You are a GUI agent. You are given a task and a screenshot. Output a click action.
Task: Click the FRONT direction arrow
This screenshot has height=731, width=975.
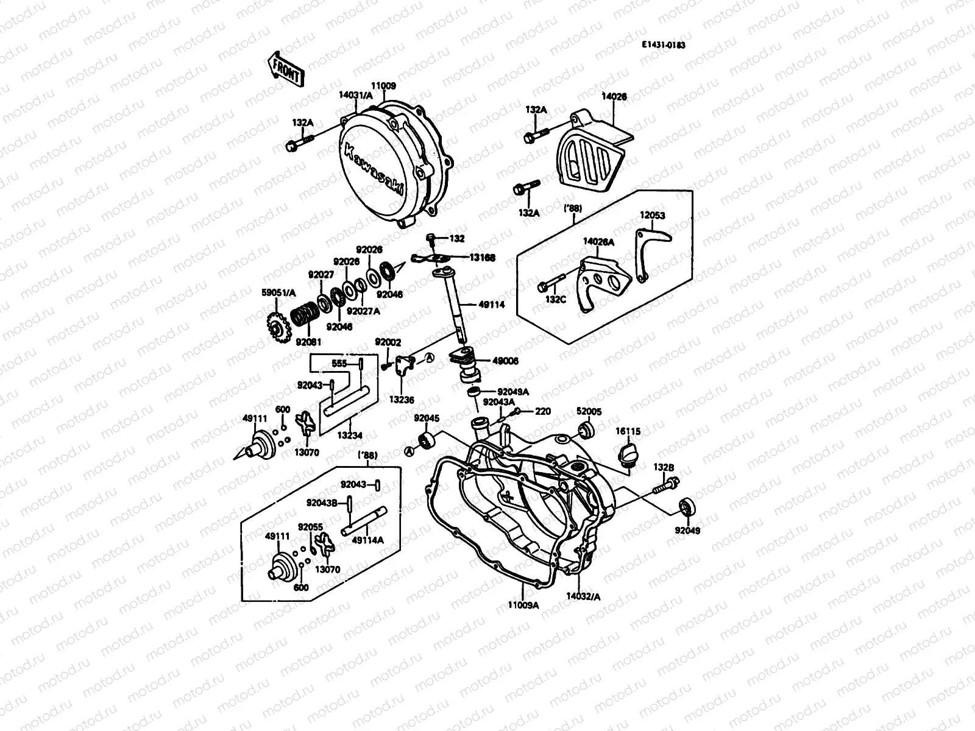coord(284,68)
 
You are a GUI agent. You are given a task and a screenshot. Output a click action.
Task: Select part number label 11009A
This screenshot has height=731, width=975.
coord(524,605)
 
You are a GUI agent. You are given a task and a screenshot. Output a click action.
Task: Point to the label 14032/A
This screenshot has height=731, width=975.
coord(583,597)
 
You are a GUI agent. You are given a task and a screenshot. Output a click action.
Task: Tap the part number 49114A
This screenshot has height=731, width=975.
coord(369,539)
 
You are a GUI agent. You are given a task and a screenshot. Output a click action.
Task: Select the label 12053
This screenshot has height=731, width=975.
coord(652,216)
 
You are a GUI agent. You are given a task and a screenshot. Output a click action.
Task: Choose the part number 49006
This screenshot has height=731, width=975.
coord(506,361)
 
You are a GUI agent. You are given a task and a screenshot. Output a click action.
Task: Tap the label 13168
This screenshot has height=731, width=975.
coord(482,258)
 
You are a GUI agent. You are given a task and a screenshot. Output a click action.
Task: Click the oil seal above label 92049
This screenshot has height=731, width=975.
coord(687,507)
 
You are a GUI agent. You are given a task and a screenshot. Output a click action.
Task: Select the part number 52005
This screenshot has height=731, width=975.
coord(589,412)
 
